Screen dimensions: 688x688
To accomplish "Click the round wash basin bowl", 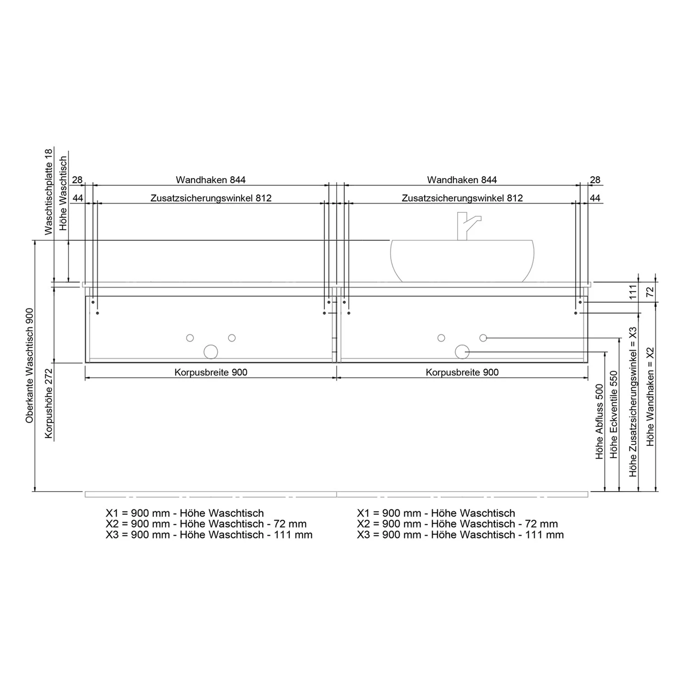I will [462, 261].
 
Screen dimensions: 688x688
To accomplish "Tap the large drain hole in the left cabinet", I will [211, 352].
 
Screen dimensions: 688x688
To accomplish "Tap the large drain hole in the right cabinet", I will [462, 352].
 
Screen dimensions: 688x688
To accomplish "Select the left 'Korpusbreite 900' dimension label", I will [211, 372].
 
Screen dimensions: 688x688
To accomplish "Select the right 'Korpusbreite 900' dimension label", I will [462, 372].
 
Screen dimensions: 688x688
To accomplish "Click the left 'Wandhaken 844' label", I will [211, 180].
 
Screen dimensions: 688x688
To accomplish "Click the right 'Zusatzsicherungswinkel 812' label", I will [462, 198].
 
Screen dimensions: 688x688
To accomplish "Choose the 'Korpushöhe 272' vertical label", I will [49, 403].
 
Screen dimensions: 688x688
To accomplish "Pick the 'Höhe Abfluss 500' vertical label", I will [599, 422].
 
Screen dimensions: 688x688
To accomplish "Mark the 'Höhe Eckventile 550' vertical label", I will [614, 415].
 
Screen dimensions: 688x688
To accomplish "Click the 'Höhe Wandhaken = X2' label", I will [650, 396].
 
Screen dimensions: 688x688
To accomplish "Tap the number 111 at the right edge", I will [633, 292].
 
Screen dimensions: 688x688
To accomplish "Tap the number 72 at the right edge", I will [650, 292].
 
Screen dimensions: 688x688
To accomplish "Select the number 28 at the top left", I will [77, 180].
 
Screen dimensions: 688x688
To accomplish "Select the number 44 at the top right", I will [595, 198].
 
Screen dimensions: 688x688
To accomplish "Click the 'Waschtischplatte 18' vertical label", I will [49, 191].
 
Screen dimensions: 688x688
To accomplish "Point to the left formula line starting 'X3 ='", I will [209, 535].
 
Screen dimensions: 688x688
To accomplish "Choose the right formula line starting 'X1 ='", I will [436, 513].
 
